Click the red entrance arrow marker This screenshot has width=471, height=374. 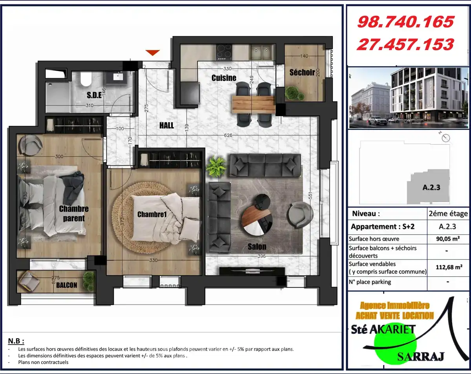tap(153, 52)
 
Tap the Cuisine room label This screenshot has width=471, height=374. tap(224, 78)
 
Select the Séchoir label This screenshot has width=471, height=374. tap(302, 72)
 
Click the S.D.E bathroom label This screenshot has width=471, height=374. tap(94, 95)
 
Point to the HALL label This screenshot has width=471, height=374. tap(166, 126)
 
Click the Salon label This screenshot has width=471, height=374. tap(257, 247)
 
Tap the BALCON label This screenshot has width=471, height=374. tap(67, 285)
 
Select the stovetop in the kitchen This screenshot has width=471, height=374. tap(224, 51)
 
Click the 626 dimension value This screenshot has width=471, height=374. tap(228, 135)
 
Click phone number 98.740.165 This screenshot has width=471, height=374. tap(405, 22)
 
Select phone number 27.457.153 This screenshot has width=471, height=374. tap(405, 44)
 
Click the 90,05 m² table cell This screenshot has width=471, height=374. tap(448, 239)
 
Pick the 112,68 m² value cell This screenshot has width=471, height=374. tap(448, 268)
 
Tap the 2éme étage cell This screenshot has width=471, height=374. tap(448, 214)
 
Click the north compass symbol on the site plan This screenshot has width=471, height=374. tap(445, 138)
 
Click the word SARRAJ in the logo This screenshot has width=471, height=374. tap(420, 357)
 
